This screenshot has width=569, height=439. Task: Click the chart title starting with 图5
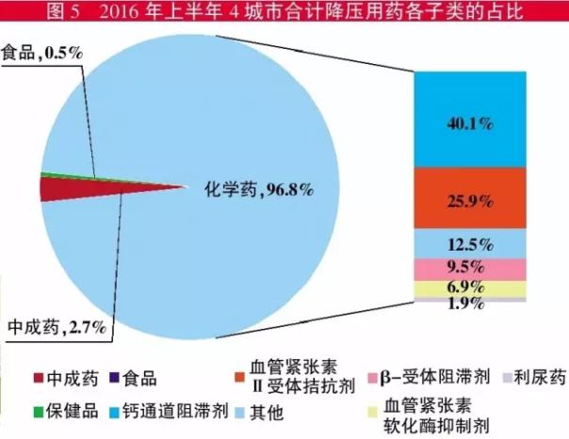pyautogui.click(x=284, y=11)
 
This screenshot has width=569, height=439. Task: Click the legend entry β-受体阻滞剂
pyautogui.click(x=439, y=380)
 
